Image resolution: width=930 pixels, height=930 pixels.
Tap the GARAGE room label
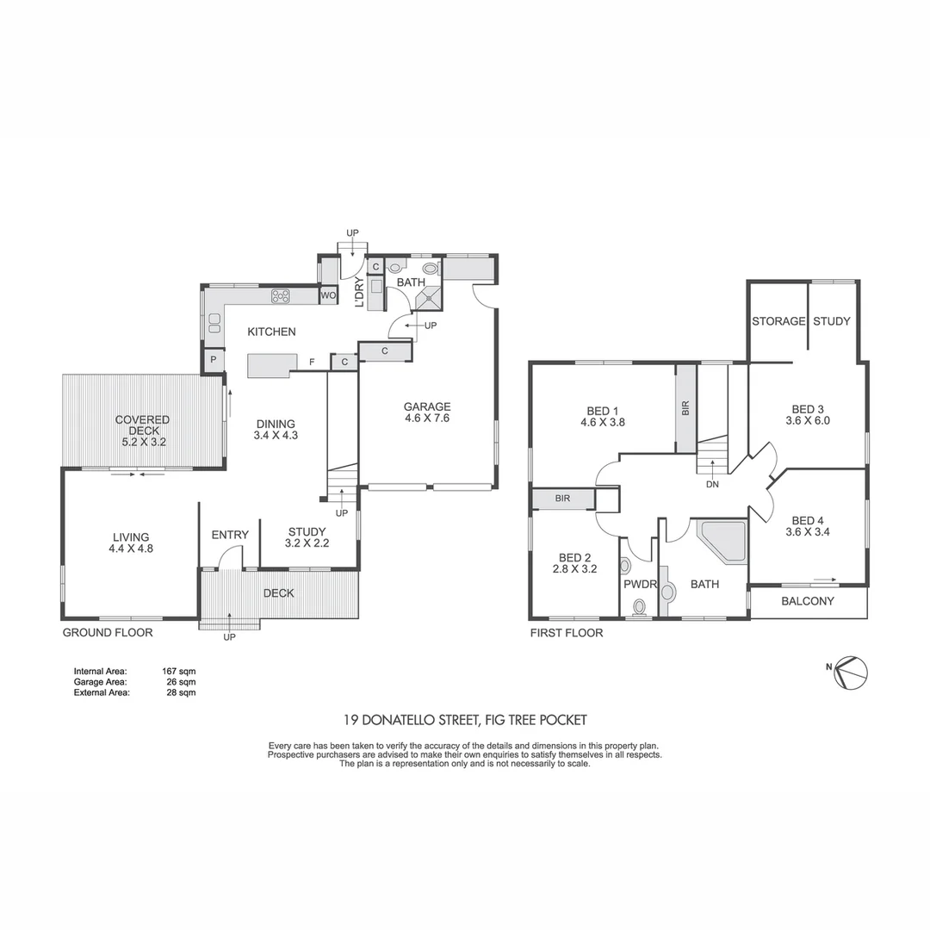428,407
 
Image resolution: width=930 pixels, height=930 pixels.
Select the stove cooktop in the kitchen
282,296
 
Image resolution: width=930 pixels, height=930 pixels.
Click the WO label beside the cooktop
328,296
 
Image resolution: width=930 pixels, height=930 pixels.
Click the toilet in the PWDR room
639,608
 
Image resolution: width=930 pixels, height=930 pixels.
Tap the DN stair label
712,484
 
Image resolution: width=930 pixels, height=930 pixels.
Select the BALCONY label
807,601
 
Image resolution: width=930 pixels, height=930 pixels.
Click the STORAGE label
778,321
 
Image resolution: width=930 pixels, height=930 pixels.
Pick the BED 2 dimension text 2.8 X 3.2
574,568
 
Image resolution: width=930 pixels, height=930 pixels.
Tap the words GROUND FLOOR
108,632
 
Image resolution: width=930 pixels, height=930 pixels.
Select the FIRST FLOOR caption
566,633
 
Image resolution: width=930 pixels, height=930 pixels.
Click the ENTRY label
230,535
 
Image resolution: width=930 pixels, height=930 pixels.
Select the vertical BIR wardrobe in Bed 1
685,408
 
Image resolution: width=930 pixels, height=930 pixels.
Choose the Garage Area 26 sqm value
179,680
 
